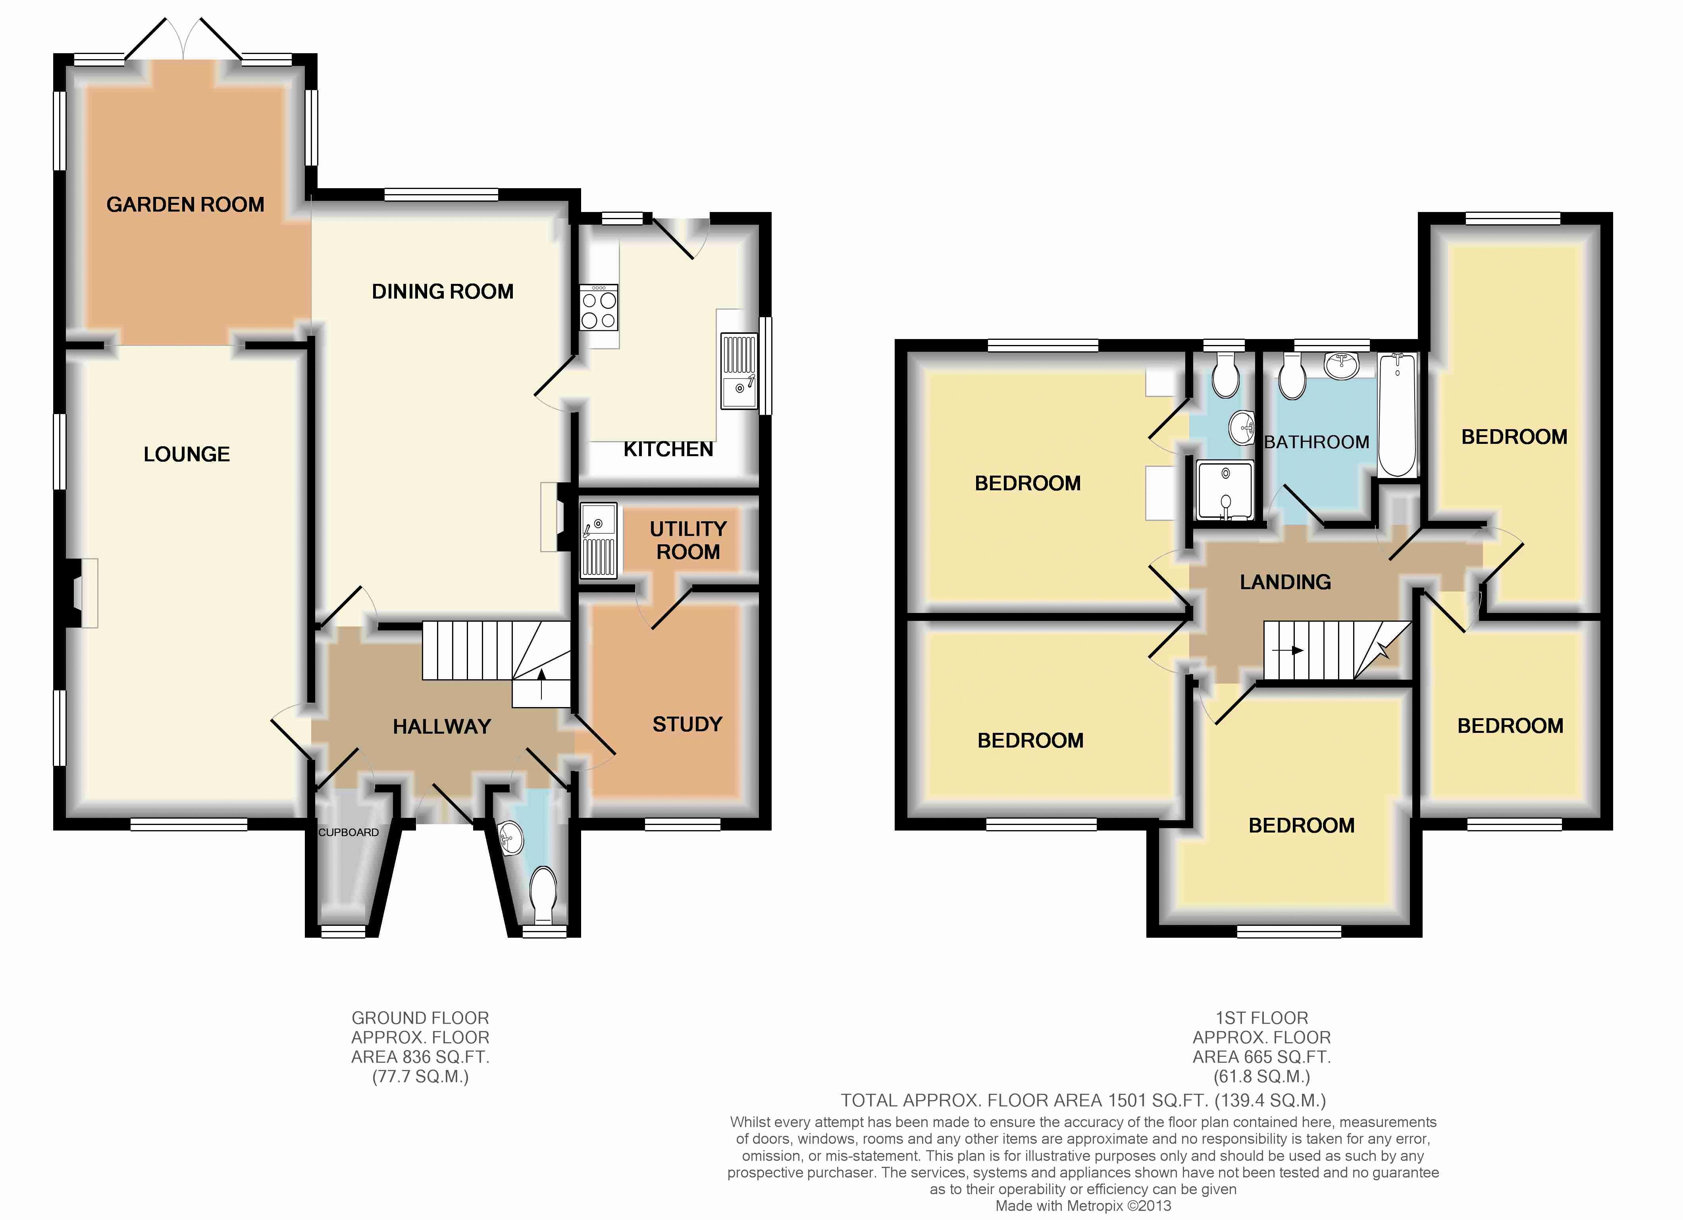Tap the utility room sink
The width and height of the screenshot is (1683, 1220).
[x=598, y=540]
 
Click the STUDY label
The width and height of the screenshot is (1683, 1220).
[x=687, y=724]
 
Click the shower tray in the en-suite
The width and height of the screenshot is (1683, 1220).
[x=1225, y=490]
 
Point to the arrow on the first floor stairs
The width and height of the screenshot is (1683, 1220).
[x=1288, y=651]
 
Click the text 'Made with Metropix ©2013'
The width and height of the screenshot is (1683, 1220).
[x=1083, y=1206]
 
